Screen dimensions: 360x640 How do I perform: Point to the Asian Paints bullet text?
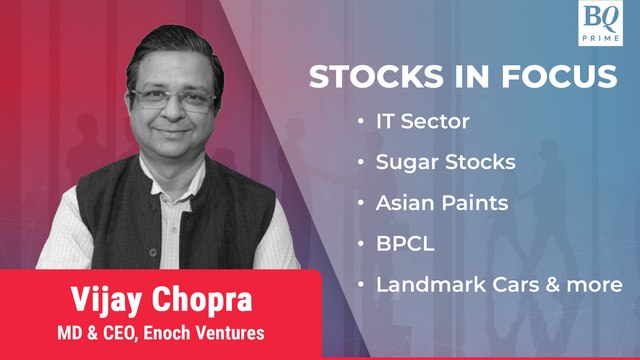[x=441, y=203]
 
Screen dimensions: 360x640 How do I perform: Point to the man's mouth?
[x=172, y=137]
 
